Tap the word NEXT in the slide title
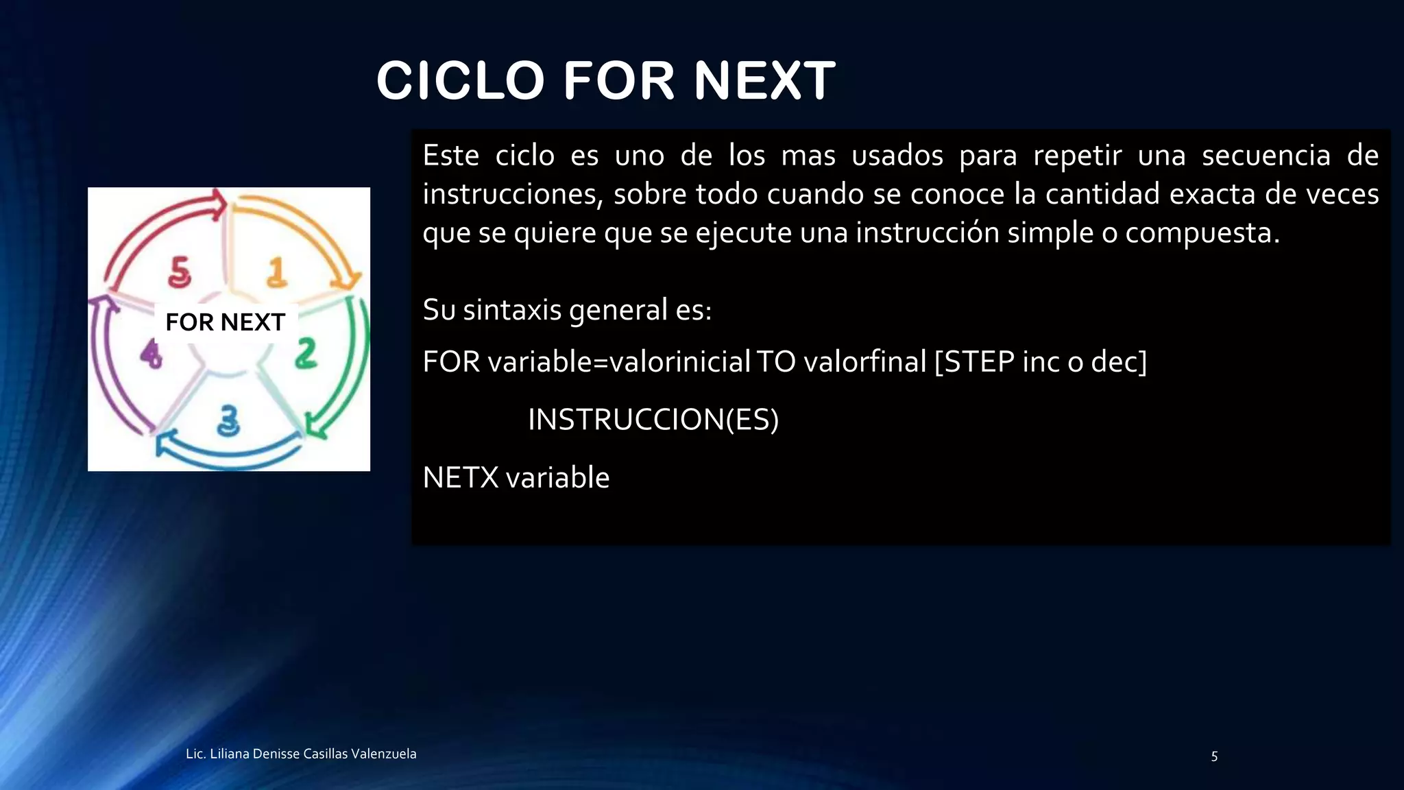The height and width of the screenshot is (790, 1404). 764,81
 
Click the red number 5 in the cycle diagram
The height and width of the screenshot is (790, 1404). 180,272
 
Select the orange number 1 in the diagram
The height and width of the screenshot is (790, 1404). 276,272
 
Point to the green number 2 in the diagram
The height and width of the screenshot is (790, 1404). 306,354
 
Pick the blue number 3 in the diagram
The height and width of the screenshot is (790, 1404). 228,420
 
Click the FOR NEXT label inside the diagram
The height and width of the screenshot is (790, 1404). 225,322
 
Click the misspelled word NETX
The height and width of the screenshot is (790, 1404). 461,478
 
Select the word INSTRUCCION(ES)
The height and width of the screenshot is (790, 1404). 653,420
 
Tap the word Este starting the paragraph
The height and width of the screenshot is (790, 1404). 450,156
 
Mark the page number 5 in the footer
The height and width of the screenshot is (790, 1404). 1214,756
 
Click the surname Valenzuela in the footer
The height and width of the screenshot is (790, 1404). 383,754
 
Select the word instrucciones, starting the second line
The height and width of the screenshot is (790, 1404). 512,195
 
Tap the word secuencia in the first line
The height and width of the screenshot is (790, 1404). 1266,156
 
